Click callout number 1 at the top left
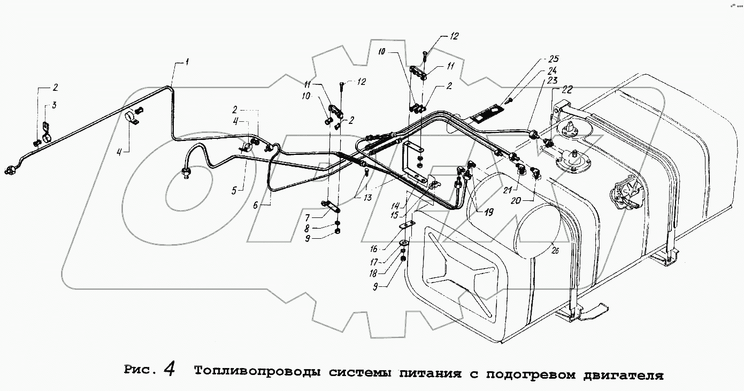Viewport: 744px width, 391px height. [187, 62]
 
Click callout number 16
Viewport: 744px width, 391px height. [388, 248]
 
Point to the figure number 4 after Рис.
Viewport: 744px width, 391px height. [170, 369]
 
